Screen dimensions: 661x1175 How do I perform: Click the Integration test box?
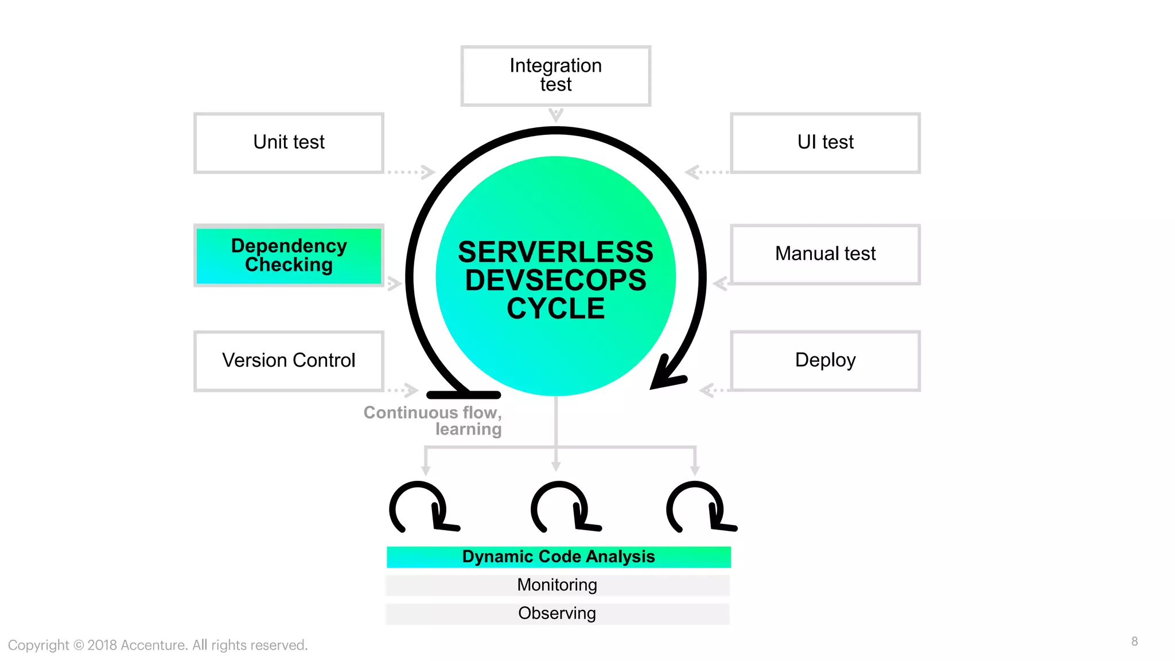tap(555, 76)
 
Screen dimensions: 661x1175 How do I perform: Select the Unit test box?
tap(289, 143)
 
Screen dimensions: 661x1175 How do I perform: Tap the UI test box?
tap(825, 143)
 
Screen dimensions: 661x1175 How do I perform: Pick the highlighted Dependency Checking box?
tap(289, 255)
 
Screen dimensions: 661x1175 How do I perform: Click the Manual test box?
tap(825, 254)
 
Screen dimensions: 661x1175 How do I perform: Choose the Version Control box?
tap(289, 361)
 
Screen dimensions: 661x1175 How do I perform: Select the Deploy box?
tap(825, 361)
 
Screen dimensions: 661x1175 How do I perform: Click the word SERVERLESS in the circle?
tap(555, 252)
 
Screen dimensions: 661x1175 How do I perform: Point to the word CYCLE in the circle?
tap(555, 309)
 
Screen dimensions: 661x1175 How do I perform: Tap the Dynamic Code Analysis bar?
tap(558, 557)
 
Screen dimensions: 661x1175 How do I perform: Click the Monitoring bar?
tap(557, 585)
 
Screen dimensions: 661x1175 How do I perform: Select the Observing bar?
tap(557, 613)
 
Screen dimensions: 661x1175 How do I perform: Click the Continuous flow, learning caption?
tap(434, 421)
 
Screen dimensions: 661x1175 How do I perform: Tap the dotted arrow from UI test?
tap(706, 172)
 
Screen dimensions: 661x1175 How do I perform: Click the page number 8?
tap(1134, 641)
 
